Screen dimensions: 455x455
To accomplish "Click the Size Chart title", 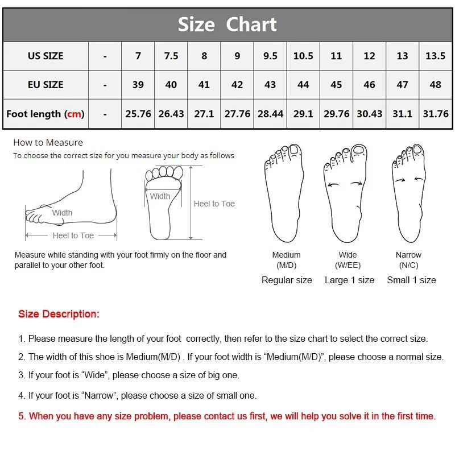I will pos(227,24).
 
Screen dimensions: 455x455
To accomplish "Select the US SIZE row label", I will pos(45,56).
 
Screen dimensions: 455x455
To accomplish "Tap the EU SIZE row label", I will pos(45,85).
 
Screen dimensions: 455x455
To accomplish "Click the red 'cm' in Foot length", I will pos(75,114).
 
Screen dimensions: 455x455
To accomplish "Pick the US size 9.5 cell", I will pos(270,56).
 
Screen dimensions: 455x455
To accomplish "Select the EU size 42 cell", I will pos(237,85).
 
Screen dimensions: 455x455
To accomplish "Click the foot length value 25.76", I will pos(138,114).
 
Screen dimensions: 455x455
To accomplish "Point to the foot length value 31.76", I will pos(436,114).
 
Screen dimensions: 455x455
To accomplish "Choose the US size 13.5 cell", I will pos(436,56).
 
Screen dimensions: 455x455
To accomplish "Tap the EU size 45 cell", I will pos(336,85).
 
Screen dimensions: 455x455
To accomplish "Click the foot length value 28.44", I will pos(270,114).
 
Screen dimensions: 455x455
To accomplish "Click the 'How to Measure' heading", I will pos(48,143).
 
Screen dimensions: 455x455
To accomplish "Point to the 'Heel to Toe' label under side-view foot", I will pos(73,235).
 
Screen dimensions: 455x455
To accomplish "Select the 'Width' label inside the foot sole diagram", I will pos(160,196).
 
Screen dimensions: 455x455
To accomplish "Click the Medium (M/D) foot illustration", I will pos(284,193).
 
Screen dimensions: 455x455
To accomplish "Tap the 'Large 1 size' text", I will pos(349,280).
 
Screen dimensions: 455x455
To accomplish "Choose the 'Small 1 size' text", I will pos(411,280).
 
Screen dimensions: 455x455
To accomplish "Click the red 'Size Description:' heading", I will pos(59,314).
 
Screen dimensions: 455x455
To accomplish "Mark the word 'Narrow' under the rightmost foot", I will pos(408,255).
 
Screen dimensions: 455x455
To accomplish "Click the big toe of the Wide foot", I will pos(359,151).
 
